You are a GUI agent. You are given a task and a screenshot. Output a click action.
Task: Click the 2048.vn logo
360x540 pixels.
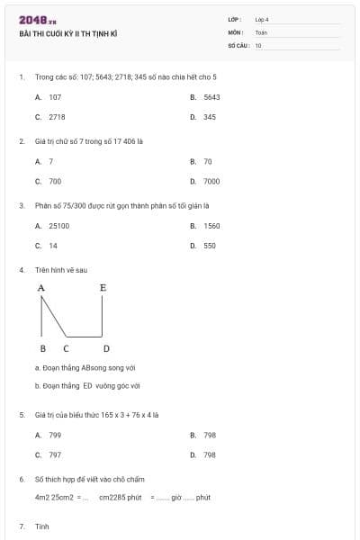click(x=37, y=20)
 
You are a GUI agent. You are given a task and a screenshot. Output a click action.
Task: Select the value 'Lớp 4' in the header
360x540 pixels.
click(x=262, y=19)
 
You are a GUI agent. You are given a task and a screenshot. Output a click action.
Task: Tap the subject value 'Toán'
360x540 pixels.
click(x=261, y=32)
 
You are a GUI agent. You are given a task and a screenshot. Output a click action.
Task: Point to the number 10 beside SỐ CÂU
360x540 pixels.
click(x=258, y=45)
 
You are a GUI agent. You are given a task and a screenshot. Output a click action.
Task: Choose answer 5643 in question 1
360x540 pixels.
click(x=211, y=96)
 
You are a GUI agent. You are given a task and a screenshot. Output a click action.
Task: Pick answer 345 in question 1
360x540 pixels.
click(x=209, y=117)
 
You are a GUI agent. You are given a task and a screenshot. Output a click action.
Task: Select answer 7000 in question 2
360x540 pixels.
click(x=211, y=181)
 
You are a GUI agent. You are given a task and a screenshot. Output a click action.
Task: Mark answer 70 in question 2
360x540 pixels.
click(x=208, y=161)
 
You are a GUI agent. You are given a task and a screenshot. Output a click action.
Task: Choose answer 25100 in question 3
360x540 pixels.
click(x=59, y=226)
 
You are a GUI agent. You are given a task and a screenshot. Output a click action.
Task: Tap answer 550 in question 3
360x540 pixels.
click(x=210, y=246)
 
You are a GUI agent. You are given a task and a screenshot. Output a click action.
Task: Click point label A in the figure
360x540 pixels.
click(x=41, y=288)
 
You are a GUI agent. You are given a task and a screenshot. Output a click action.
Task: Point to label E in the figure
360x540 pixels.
click(x=103, y=288)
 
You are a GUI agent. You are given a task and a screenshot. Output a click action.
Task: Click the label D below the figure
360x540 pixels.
click(x=106, y=348)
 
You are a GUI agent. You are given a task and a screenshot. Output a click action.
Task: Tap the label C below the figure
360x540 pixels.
click(x=66, y=348)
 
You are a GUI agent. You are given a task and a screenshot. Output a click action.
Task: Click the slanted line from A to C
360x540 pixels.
click(x=53, y=317)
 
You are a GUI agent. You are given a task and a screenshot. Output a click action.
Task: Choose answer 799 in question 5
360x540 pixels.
click(x=55, y=435)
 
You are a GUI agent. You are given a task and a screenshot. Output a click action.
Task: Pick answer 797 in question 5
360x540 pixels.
click(x=55, y=455)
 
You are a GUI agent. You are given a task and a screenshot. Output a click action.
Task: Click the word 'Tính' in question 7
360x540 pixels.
click(x=41, y=526)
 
